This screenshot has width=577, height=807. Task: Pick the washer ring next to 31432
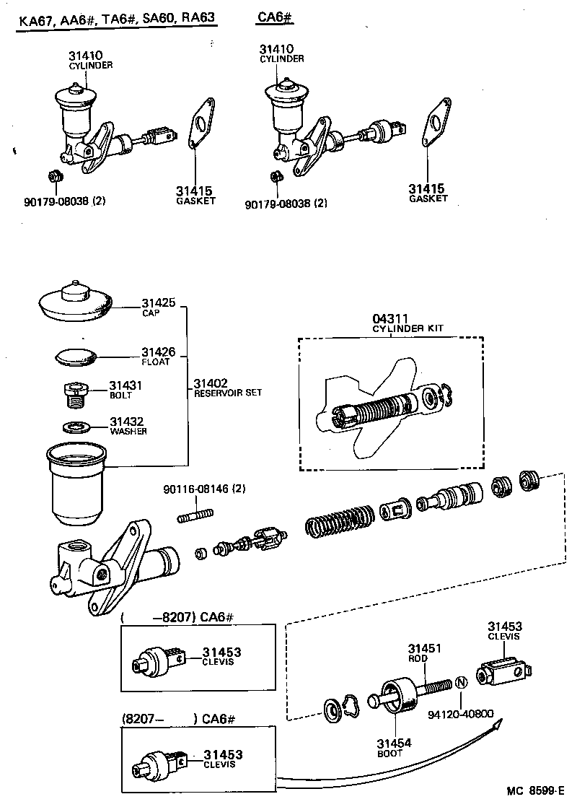point(75,426)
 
